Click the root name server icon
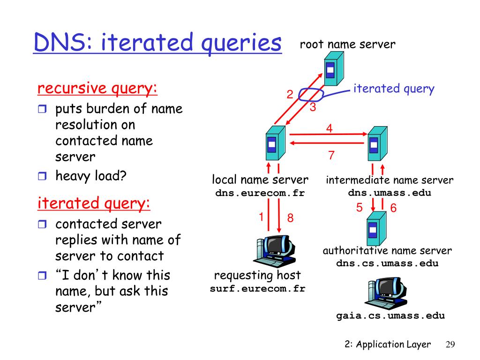tap(334, 68)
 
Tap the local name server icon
tap(276, 143)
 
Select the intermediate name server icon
tap(377, 143)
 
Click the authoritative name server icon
tap(376, 228)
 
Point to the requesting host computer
tap(274, 251)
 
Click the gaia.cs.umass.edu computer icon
tap(386, 293)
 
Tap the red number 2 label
tap(290, 94)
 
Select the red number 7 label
tap(331, 155)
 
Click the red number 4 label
tap(330, 128)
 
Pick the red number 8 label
tap(290, 218)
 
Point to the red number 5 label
tap(360, 208)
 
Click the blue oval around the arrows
tap(311, 95)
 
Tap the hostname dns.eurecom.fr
tap(260, 193)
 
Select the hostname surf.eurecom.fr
tap(257, 289)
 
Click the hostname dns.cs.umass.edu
tap(387, 263)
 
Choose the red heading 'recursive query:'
tap(97, 88)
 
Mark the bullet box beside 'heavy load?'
tap(42, 176)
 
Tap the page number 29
tap(450, 345)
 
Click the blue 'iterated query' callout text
tap(394, 89)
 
